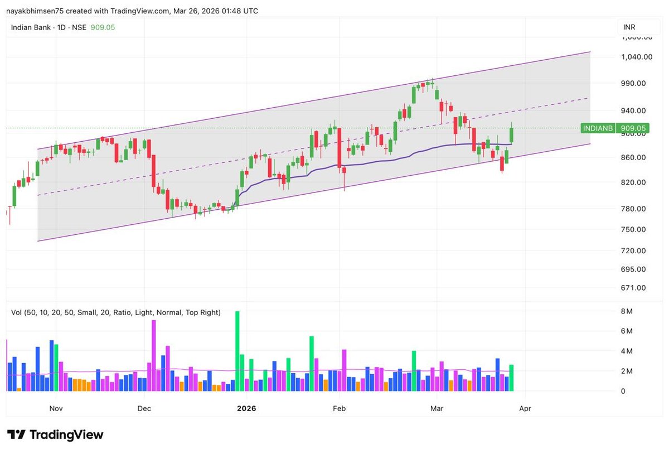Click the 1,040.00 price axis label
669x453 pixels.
pyautogui.click(x=637, y=57)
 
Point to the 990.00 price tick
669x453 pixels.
pyautogui.click(x=634, y=84)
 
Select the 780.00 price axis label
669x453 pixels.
pyautogui.click(x=634, y=209)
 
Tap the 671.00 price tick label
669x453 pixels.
pyautogui.click(x=634, y=288)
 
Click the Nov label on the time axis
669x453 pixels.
pyautogui.click(x=56, y=408)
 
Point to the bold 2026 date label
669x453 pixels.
pyautogui.click(x=246, y=408)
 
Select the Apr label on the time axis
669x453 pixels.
pyautogui.click(x=525, y=408)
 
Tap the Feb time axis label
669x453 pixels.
pyautogui.click(x=339, y=408)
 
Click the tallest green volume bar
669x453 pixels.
pyautogui.click(x=237, y=351)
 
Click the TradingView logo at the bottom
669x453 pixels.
pyautogui.click(x=55, y=435)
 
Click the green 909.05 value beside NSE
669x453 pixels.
pyautogui.click(x=103, y=27)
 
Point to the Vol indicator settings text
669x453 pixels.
pyautogui.click(x=116, y=312)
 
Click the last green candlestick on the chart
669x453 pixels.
pyautogui.click(x=511, y=135)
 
